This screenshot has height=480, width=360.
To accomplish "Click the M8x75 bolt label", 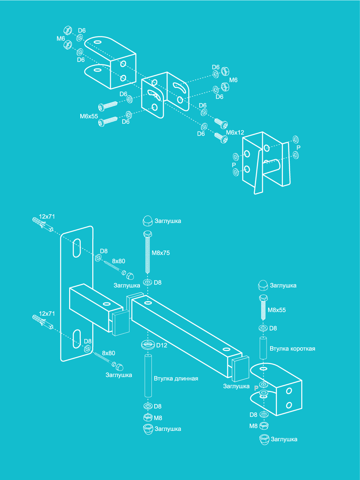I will pyautogui.click(x=161, y=253).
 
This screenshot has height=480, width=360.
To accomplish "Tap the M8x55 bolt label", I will pyautogui.click(x=277, y=310).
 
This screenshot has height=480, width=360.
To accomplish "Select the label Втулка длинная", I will pyautogui.click(x=176, y=378).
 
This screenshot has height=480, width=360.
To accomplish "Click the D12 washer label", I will pyautogui.click(x=161, y=345).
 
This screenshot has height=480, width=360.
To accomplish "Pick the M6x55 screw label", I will pyautogui.click(x=89, y=116).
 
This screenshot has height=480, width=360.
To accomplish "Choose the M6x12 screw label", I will pyautogui.click(x=235, y=132).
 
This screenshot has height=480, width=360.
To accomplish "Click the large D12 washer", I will pyautogui.click(x=148, y=344).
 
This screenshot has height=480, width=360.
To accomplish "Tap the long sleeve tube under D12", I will pyautogui.click(x=148, y=376).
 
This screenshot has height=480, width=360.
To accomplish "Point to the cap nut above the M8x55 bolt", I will pyautogui.click(x=263, y=285).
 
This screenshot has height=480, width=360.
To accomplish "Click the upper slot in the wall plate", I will pyautogui.click(x=76, y=248).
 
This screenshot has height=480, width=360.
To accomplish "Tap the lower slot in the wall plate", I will pyautogui.click(x=76, y=339).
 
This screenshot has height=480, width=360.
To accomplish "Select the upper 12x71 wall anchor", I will pyautogui.click(x=42, y=225).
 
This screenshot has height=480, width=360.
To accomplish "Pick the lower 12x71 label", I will pyautogui.click(x=47, y=314).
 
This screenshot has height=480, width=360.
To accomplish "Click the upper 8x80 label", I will pyautogui.click(x=119, y=261).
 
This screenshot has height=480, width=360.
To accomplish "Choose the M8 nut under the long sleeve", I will pyautogui.click(x=147, y=418).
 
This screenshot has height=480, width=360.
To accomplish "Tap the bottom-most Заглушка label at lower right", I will pyautogui.click(x=284, y=439).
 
